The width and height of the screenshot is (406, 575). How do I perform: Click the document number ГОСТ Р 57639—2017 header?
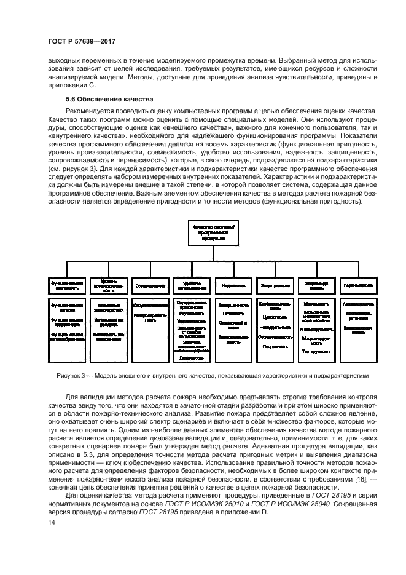pyautogui.click(x=82, y=42)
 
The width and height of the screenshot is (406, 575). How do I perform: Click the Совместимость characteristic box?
pyautogui.click(x=149, y=285)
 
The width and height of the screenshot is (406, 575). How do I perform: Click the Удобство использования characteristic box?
pyautogui.click(x=190, y=285)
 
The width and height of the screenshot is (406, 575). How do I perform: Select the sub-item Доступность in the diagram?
pyautogui.click(x=190, y=358)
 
